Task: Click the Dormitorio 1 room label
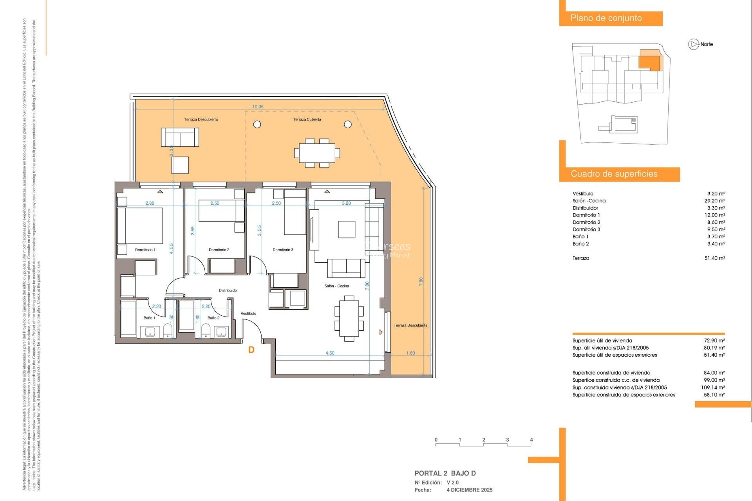click(x=145, y=250)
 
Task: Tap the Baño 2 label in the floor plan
click(x=213, y=318)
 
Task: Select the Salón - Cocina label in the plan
click(x=336, y=286)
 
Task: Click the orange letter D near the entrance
click(x=251, y=350)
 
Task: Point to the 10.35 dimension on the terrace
click(x=258, y=107)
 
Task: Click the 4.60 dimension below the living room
click(x=330, y=353)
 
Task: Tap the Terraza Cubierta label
click(x=307, y=119)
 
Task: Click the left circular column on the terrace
click(x=257, y=124)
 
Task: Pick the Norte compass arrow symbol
click(x=694, y=44)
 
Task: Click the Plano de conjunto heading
click(x=606, y=18)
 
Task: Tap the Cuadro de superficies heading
click(x=614, y=174)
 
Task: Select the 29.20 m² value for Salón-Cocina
click(x=714, y=201)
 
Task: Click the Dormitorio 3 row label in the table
click(x=586, y=229)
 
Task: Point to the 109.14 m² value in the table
click(x=712, y=387)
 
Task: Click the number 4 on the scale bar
click(x=531, y=440)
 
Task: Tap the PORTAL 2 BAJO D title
click(x=445, y=473)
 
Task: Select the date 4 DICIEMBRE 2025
click(x=469, y=490)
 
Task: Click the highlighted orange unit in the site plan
click(x=649, y=62)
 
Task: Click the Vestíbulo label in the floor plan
click(x=248, y=314)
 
